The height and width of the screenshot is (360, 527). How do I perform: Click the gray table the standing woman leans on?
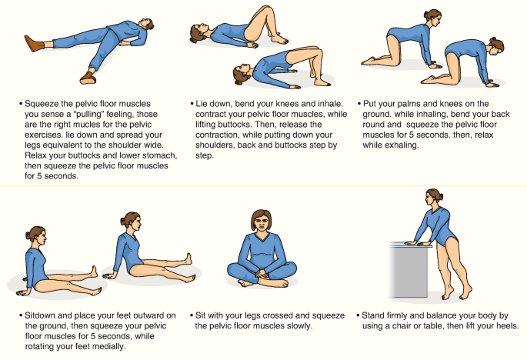[409, 270]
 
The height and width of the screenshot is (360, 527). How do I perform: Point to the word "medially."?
[109, 346]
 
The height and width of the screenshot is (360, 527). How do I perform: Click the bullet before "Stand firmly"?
[358, 315]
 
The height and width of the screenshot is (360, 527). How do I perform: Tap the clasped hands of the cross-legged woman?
[261, 274]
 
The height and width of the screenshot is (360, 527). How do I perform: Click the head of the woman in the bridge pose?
[241, 75]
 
